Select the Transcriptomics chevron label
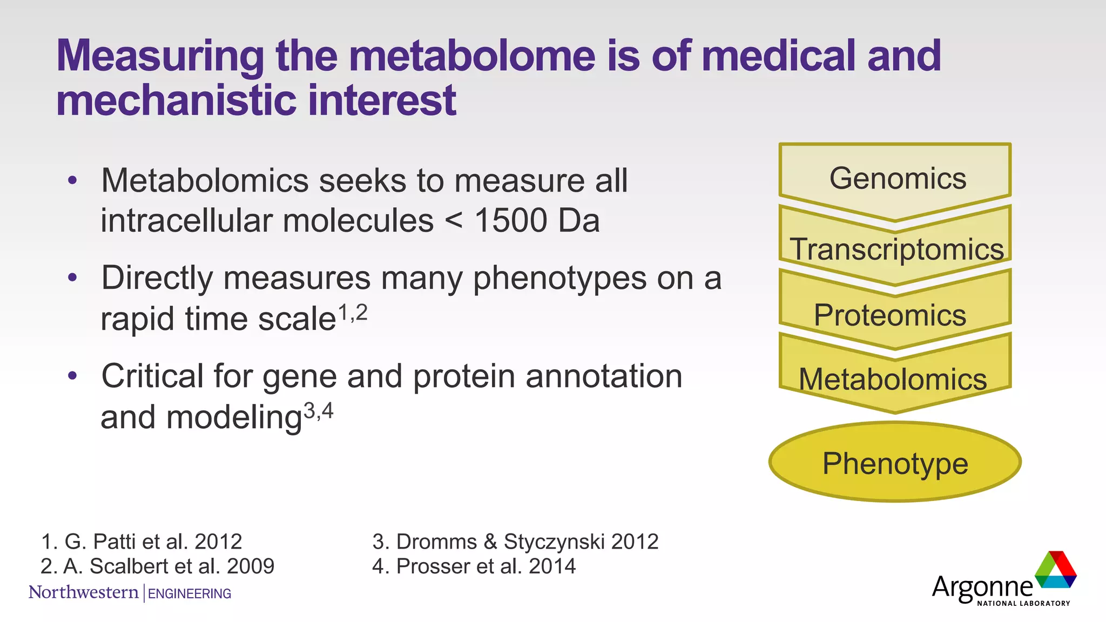896,249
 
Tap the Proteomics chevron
890,315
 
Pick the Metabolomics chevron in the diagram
893,380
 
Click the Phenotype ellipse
895,463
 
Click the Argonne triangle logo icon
1056,570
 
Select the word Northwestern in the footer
84,592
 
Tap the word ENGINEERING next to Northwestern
190,594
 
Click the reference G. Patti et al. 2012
141,542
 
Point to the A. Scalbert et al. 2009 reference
157,566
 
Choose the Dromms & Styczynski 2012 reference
515,542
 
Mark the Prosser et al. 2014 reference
474,566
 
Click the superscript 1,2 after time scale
353,313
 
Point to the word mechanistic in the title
176,100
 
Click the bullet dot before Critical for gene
73,376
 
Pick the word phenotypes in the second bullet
559,279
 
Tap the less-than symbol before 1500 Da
454,221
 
